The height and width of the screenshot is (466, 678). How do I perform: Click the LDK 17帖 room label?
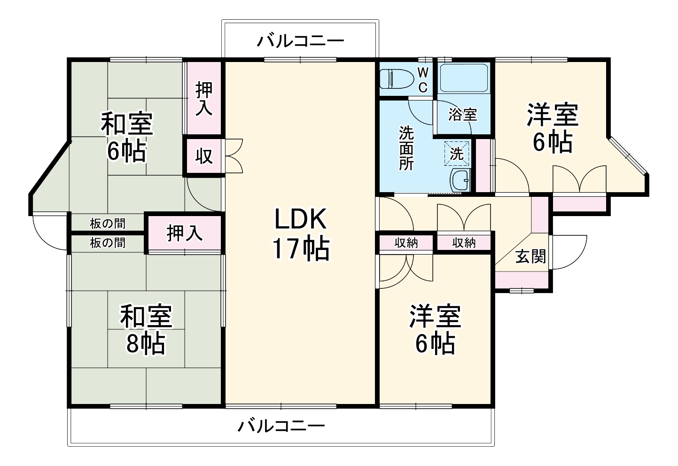[300, 234]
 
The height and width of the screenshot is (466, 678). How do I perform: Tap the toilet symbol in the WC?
[393, 78]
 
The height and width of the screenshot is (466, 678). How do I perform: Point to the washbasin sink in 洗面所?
[459, 180]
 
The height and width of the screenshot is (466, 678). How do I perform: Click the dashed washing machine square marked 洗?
[456, 153]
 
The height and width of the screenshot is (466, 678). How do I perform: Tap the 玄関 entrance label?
[530, 256]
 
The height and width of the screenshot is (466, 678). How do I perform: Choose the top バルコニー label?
[300, 41]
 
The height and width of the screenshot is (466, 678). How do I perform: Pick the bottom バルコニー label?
[281, 427]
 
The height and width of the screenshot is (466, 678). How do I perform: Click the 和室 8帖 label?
[146, 329]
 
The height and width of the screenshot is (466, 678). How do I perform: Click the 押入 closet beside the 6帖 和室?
[204, 99]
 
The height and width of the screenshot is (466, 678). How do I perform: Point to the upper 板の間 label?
[108, 224]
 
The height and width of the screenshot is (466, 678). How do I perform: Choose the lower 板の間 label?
[108, 243]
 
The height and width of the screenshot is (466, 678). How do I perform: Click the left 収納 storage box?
[406, 242]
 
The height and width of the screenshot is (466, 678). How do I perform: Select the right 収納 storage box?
[464, 242]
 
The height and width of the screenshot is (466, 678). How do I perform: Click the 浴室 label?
[463, 114]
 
